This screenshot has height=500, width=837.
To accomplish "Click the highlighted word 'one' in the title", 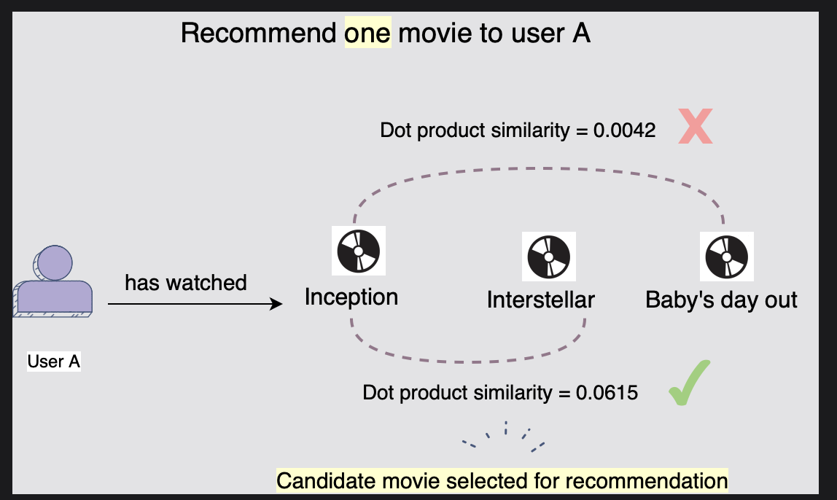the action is click(368, 34).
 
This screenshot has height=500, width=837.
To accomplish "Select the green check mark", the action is click(689, 382).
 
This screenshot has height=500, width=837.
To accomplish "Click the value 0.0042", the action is click(626, 130).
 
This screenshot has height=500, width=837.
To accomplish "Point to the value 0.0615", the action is click(607, 393).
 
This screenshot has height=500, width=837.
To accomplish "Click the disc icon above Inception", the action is click(359, 251).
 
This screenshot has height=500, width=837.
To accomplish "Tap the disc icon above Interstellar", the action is click(549, 257).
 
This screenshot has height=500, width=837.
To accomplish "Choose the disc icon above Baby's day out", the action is click(726, 257).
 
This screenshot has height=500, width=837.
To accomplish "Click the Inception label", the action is click(351, 297).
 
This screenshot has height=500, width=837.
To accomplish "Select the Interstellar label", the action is click(541, 300).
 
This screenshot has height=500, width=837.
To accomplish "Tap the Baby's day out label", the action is click(722, 300).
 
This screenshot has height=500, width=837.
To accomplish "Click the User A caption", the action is click(54, 361).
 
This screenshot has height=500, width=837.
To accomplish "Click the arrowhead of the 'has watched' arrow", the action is click(276, 304).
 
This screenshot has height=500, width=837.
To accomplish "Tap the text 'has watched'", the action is click(186, 282).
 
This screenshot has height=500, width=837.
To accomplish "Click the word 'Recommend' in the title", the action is click(259, 34).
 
